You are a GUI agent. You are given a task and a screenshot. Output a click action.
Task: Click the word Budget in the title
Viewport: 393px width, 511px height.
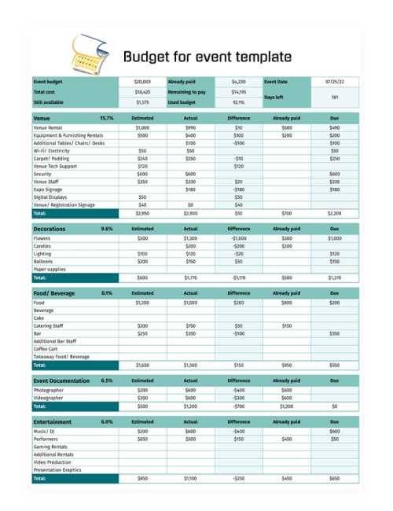pyautogui.click(x=146, y=57)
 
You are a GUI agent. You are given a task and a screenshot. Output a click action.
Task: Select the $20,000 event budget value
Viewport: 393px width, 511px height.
pyautogui.click(x=142, y=81)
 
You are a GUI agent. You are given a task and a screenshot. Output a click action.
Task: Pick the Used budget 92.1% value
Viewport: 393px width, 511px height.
pyautogui.click(x=238, y=102)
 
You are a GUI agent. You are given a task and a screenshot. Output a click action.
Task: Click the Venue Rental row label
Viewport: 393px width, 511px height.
pyautogui.click(x=48, y=127)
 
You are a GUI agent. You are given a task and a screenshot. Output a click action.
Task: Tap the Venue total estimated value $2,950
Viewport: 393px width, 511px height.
pyautogui.click(x=142, y=213)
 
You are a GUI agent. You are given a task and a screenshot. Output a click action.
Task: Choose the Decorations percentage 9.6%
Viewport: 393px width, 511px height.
pyautogui.click(x=107, y=229)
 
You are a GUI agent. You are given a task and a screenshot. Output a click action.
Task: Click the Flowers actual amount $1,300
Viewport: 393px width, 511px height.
pyautogui.click(x=190, y=238)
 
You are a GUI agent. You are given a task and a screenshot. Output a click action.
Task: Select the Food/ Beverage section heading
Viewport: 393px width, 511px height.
pyautogui.click(x=54, y=293)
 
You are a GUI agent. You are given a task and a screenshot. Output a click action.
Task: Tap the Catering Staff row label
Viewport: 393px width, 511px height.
pyautogui.click(x=49, y=325)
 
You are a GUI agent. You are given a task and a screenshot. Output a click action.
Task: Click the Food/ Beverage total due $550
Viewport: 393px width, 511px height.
pyautogui.click(x=335, y=366)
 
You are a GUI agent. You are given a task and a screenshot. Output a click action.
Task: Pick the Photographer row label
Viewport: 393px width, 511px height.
pyautogui.click(x=49, y=390)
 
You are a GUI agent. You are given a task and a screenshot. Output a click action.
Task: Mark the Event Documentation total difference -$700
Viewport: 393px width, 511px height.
pyautogui.click(x=238, y=406)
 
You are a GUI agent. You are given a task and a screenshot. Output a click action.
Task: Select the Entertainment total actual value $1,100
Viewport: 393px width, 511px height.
pyautogui.click(x=190, y=478)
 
